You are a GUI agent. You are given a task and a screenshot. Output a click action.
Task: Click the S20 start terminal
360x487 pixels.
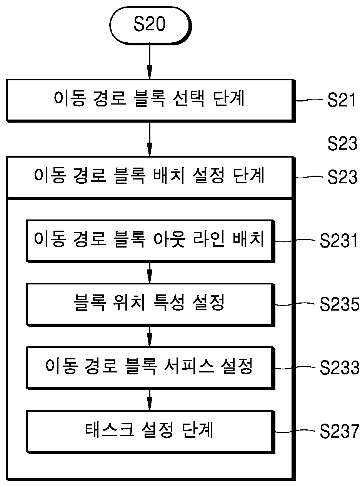[x=150, y=26]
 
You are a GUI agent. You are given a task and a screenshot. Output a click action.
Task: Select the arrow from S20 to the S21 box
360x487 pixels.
[x=150, y=62]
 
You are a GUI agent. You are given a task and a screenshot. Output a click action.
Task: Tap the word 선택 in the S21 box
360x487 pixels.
[x=189, y=98]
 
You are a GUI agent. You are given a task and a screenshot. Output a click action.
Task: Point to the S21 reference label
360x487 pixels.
[x=341, y=100]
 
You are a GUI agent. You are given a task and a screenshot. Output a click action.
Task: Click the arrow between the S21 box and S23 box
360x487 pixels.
[x=150, y=139]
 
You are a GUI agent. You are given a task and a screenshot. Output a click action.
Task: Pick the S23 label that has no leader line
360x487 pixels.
[x=342, y=143]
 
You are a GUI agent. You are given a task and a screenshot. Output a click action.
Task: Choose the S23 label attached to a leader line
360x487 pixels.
[x=342, y=177]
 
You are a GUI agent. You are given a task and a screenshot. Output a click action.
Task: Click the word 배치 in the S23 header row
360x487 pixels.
[x=169, y=176]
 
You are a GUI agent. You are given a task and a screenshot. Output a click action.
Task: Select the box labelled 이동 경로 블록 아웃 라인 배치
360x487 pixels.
[x=151, y=241]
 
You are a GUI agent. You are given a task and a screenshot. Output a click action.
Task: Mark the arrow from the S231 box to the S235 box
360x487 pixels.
[x=150, y=273]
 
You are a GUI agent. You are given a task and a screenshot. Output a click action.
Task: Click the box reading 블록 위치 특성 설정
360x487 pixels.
[x=151, y=305]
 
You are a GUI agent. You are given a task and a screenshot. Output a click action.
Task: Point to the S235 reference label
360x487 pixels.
[x=340, y=304]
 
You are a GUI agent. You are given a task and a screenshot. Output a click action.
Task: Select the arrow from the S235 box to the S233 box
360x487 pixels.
[x=150, y=336]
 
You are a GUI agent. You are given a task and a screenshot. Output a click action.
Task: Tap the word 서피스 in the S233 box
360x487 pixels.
[x=189, y=366]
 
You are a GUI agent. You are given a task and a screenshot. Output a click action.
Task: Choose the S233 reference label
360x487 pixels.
[x=340, y=367]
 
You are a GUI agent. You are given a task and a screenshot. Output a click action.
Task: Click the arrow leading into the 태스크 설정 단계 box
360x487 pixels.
[x=150, y=400]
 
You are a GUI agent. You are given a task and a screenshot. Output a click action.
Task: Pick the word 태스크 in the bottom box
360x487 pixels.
[x=110, y=430]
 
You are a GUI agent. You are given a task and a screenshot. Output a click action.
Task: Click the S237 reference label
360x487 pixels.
[x=340, y=431]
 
